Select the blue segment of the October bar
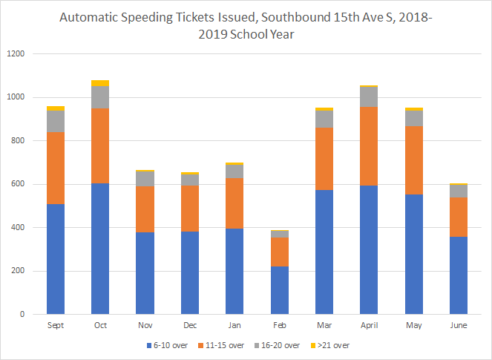pos(100,249)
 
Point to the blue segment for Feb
pos(280,290)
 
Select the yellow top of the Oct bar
pos(100,83)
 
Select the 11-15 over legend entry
pos(225,345)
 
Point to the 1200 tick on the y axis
pos(16,54)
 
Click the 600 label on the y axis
pos(18,184)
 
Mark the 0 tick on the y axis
pos(22,315)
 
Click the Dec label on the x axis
pos(190,325)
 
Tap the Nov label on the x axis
pos(145,325)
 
